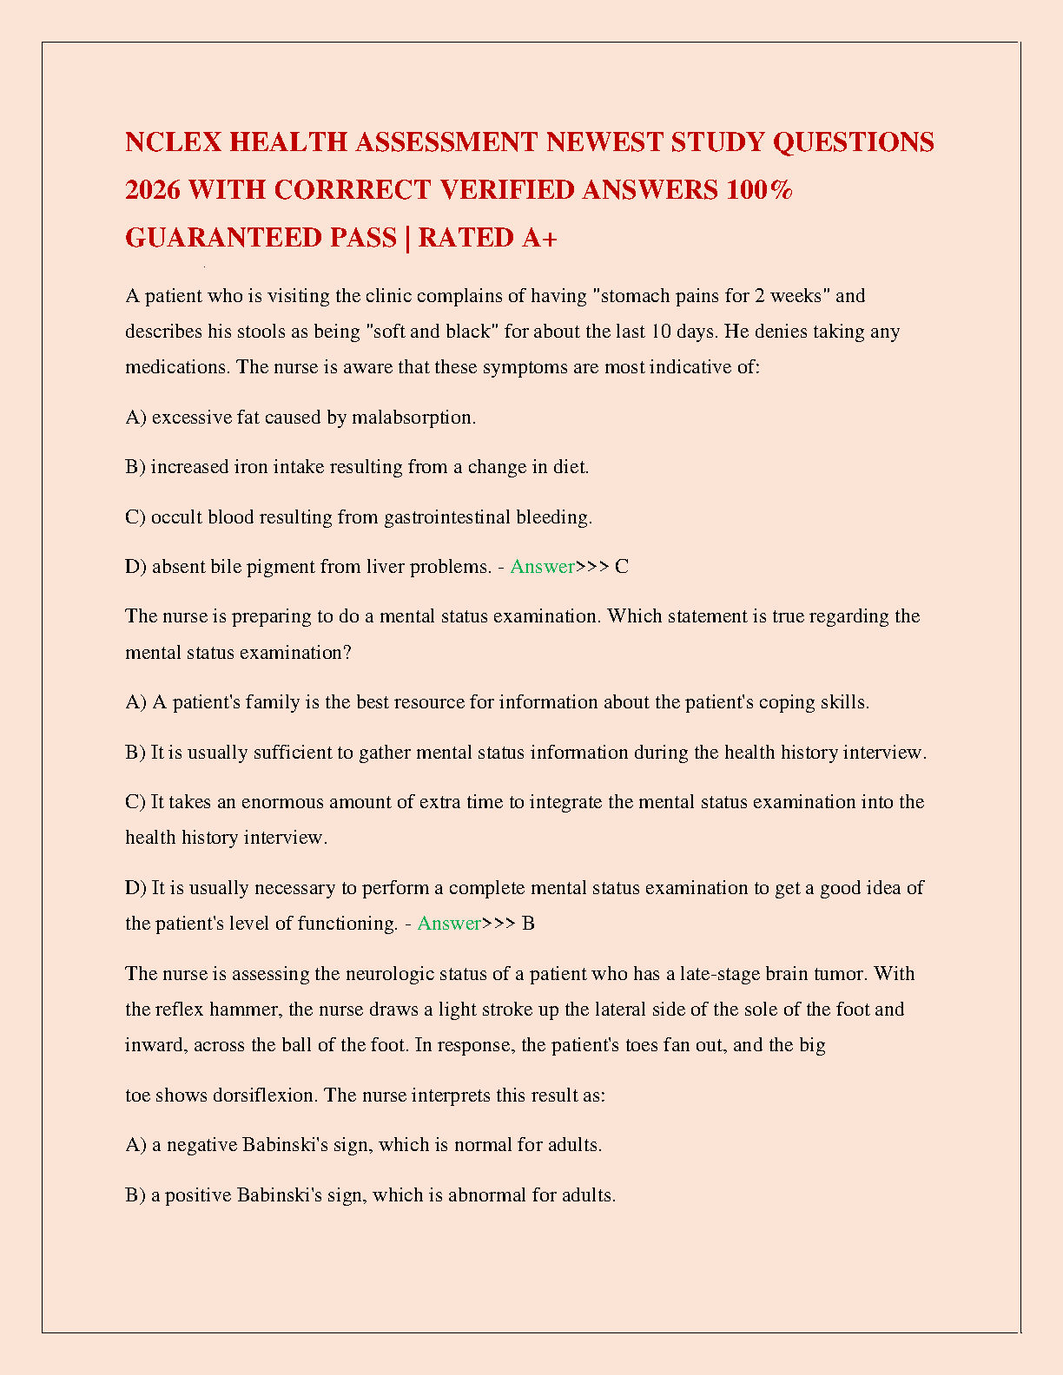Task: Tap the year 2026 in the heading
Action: (x=153, y=190)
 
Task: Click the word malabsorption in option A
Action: (x=413, y=418)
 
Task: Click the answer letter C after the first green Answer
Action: (x=621, y=567)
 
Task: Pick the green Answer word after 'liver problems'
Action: (x=542, y=567)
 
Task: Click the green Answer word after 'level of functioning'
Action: (x=449, y=924)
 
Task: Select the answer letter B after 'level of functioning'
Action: (x=528, y=924)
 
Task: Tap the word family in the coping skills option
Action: (x=273, y=702)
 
